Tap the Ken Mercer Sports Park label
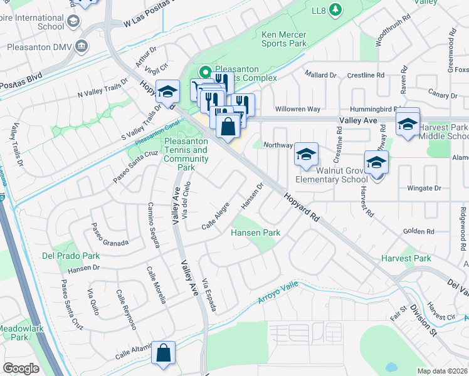(284, 39)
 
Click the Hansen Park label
(255, 232)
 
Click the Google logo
(21, 368)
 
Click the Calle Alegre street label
(216, 219)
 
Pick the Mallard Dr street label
(320, 75)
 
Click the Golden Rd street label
(414, 231)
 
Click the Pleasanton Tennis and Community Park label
(186, 154)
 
